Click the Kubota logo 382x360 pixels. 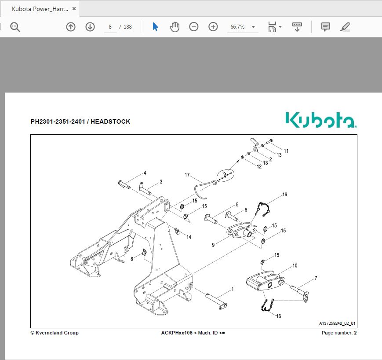point(320,120)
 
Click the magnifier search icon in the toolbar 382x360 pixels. point(15,27)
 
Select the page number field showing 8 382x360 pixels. point(110,27)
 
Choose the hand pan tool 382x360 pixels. point(175,27)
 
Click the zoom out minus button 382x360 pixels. point(194,27)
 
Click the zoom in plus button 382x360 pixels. point(213,27)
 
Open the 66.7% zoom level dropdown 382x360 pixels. point(242,27)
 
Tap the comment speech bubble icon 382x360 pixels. point(325,27)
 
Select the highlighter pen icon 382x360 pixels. point(345,27)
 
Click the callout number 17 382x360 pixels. point(187,175)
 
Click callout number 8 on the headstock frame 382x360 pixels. point(131,259)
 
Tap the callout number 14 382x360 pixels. point(189,237)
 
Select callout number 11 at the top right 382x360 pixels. point(286,151)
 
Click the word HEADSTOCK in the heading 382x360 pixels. point(110,121)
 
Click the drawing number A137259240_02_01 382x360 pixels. point(337,323)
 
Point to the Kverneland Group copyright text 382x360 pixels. point(55,333)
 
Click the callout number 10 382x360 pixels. point(295,265)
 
